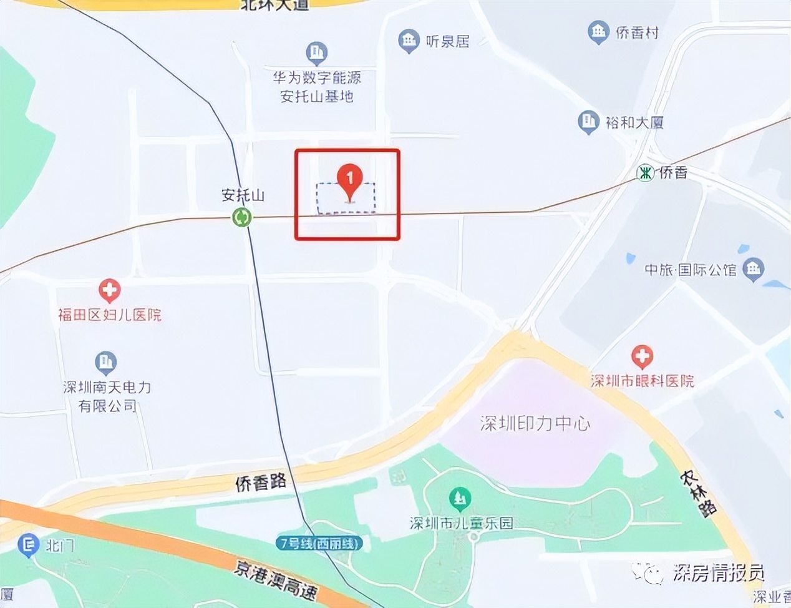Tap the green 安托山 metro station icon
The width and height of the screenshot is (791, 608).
(x=241, y=217)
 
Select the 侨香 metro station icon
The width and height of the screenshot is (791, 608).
(x=646, y=172)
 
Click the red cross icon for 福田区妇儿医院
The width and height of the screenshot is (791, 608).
(x=110, y=290)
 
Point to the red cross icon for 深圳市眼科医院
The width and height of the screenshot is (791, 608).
(x=642, y=357)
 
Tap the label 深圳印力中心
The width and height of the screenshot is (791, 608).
(x=535, y=423)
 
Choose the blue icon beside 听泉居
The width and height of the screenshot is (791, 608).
(x=409, y=41)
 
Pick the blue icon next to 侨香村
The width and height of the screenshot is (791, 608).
(x=598, y=32)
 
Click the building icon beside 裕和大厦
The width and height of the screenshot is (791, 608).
(x=588, y=122)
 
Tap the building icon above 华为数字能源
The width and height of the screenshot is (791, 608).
(x=317, y=54)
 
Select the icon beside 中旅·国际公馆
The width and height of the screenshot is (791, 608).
(x=754, y=270)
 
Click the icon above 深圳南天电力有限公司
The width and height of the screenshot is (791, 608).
(x=106, y=362)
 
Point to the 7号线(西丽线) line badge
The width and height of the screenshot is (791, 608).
(x=319, y=543)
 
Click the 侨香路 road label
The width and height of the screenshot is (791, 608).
(x=261, y=482)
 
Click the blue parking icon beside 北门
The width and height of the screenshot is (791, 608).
(x=28, y=546)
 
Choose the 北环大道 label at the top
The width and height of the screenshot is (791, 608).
(x=275, y=5)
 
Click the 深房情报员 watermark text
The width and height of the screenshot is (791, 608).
(x=719, y=572)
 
